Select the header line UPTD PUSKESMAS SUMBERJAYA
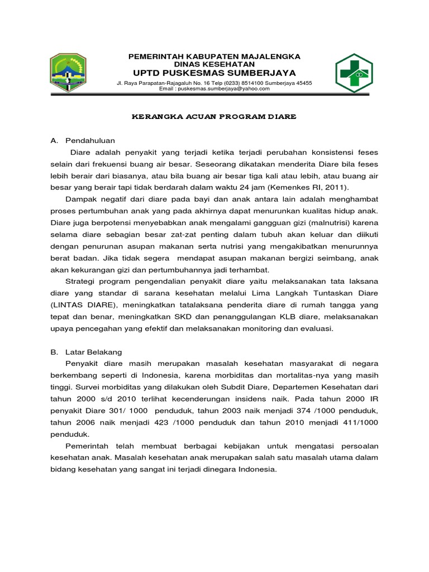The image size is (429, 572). tap(214, 73)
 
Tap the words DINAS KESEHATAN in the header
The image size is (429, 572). tap(214, 65)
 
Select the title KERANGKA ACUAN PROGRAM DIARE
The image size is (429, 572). tap(214, 117)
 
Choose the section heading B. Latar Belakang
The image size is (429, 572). tap(90, 352)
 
